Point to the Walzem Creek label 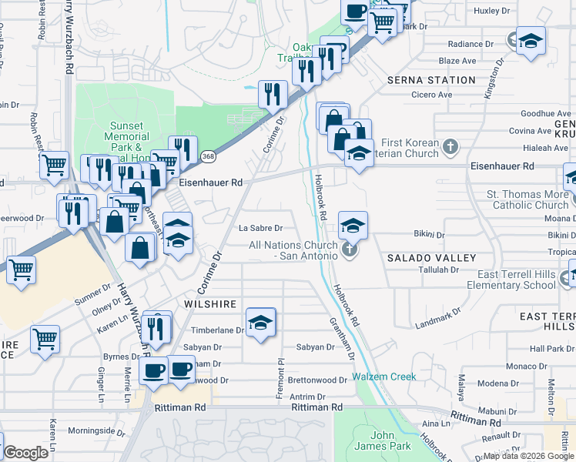pos(384,377)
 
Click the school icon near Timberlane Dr pos(260,322)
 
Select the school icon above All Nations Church pos(353,226)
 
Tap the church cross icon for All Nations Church pos(350,250)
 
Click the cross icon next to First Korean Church pos(452,144)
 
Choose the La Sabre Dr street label pos(260,228)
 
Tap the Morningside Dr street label pos(96,431)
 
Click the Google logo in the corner pos(25,453)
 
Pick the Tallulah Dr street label pos(439,270)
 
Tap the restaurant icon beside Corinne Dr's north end pos(273,94)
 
